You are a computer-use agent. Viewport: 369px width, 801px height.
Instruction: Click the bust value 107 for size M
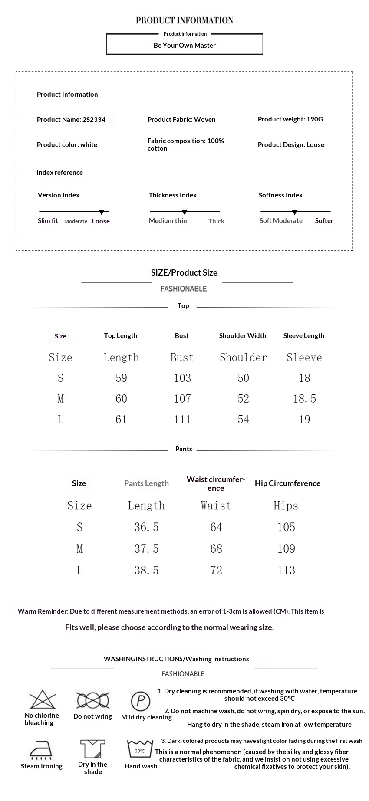point(182,399)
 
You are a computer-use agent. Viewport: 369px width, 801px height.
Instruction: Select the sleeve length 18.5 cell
point(304,399)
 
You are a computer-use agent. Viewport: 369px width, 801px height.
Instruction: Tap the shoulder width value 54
point(243,420)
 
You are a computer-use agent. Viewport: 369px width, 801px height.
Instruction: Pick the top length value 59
point(121,378)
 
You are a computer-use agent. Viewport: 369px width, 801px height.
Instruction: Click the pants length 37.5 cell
point(146,549)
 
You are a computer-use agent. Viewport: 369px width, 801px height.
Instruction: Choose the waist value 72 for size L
point(216,571)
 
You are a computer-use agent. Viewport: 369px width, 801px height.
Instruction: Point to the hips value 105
point(286,527)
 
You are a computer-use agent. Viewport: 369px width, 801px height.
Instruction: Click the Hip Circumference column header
point(287,483)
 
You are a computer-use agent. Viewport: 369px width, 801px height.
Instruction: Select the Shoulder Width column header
point(243,336)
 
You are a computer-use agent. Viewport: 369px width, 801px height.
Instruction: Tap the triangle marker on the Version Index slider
point(102,212)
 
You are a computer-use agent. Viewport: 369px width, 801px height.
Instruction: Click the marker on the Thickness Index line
point(184,212)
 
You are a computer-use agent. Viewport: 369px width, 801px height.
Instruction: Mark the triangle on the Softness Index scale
point(295,212)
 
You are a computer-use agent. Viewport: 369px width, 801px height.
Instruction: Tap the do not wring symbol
point(92,700)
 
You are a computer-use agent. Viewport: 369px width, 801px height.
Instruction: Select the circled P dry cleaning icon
point(140,701)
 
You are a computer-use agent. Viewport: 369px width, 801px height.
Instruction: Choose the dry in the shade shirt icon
point(92,749)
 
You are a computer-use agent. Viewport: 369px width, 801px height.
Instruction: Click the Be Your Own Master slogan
point(184,46)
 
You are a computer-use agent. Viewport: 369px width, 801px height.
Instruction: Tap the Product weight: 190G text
point(290,119)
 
